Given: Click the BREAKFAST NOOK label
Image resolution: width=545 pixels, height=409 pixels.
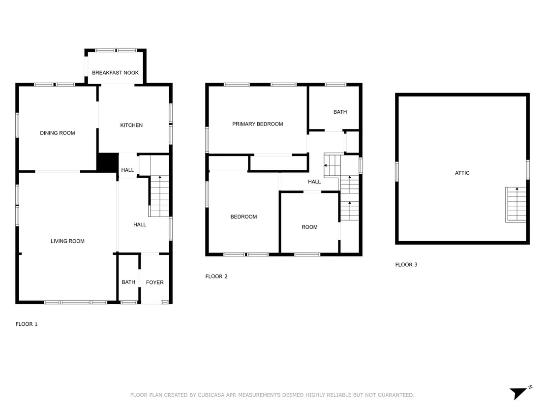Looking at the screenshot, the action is click(115, 73).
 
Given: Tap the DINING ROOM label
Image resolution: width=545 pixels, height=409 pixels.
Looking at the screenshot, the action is click(58, 133).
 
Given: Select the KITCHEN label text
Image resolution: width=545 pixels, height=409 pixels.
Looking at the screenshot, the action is click(131, 125).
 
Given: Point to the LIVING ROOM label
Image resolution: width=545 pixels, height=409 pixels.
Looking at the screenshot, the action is click(67, 241).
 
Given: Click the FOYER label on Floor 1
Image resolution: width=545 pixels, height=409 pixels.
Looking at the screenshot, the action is click(154, 283).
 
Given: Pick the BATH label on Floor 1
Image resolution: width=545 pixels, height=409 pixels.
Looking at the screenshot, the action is click(128, 282).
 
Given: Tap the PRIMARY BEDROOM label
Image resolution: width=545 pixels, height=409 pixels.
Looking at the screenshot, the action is click(258, 124).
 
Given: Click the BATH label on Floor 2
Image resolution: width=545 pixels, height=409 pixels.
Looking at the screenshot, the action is click(340, 112).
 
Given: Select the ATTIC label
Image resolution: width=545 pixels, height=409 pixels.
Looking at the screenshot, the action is click(462, 173).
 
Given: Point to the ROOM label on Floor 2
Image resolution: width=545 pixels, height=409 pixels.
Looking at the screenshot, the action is click(309, 227).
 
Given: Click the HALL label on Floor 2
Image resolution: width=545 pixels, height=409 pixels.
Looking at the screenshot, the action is click(314, 182).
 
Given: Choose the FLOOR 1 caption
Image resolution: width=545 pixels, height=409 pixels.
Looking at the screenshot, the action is click(27, 324).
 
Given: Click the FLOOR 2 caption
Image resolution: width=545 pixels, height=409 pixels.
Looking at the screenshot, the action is click(216, 277).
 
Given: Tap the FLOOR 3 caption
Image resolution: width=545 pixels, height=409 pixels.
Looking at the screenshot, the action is click(406, 265).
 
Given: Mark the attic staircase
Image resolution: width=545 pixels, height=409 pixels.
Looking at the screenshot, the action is click(516, 205).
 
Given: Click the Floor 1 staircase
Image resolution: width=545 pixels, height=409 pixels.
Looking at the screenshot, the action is click(159, 196).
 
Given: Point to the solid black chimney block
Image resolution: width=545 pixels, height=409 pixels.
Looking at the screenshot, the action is click(107, 162).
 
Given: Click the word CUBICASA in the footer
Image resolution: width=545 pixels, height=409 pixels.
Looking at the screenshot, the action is click(211, 395).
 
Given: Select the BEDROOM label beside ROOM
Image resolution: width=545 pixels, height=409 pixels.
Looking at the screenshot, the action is click(243, 217).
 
